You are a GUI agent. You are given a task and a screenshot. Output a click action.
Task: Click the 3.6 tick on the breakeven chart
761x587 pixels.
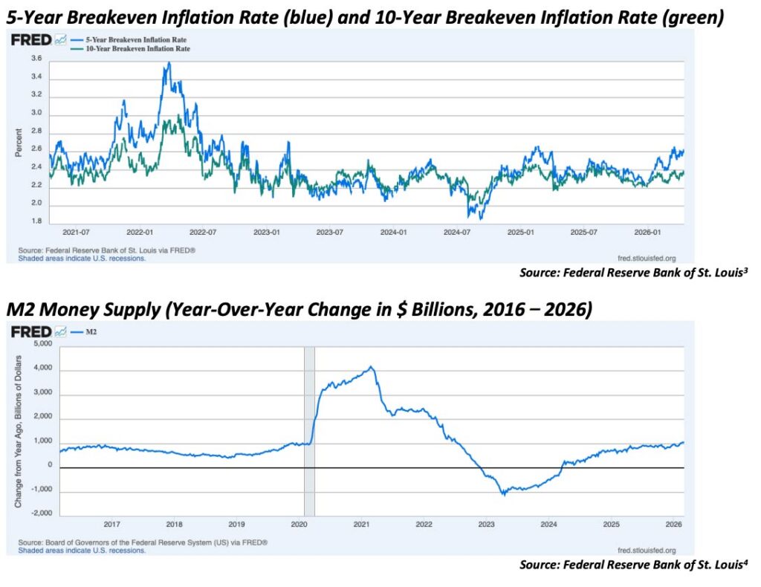[x=36, y=58]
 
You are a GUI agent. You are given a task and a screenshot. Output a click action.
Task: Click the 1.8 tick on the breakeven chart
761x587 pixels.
[x=36, y=221]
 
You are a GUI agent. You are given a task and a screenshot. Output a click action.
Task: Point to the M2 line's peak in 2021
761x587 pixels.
[x=371, y=367]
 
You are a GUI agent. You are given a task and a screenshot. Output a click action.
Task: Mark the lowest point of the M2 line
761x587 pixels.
[x=502, y=494]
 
